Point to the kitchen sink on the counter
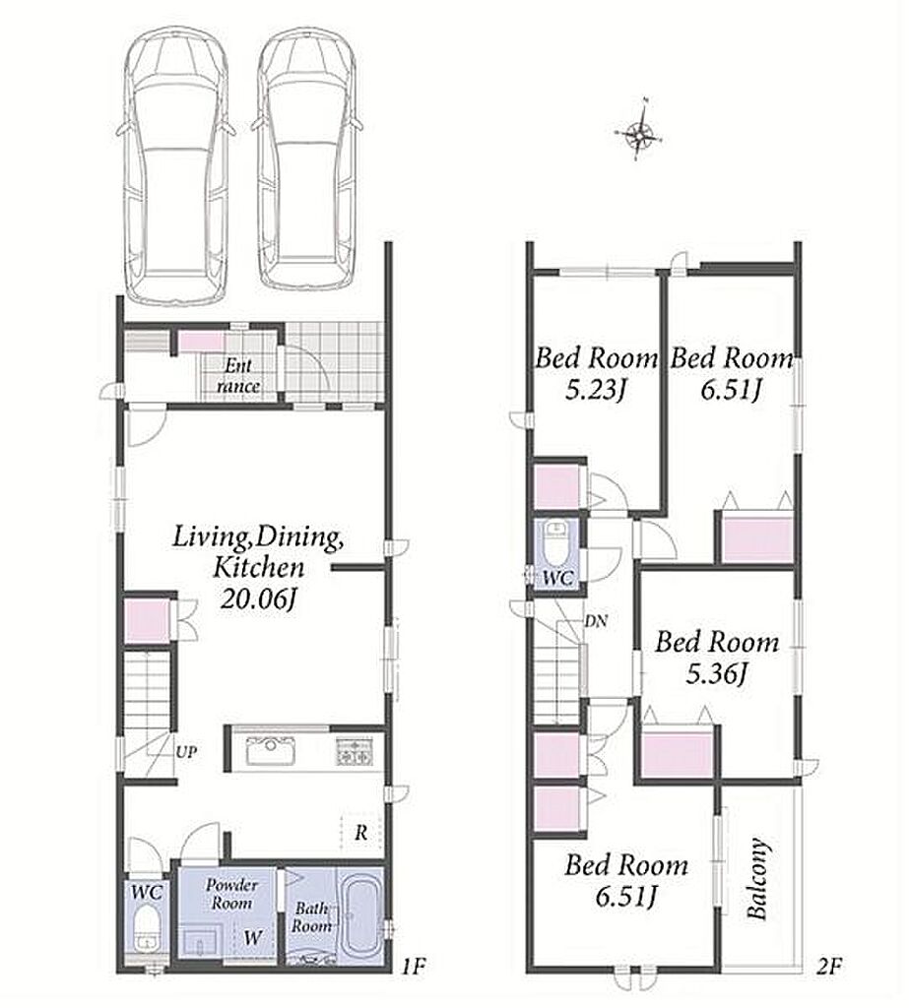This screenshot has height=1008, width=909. tap(271, 750)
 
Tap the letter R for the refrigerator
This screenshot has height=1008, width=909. tap(361, 833)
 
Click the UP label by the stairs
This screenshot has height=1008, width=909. tap(187, 751)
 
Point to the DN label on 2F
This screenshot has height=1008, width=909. tap(596, 622)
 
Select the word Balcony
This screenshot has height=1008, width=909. tap(757, 878)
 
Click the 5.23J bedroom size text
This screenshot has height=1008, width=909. tap(596, 389)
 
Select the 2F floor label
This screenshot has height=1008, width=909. tap(829, 966)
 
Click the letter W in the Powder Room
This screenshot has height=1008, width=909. tap(253, 937)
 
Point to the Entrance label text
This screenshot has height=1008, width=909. tap(238, 376)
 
